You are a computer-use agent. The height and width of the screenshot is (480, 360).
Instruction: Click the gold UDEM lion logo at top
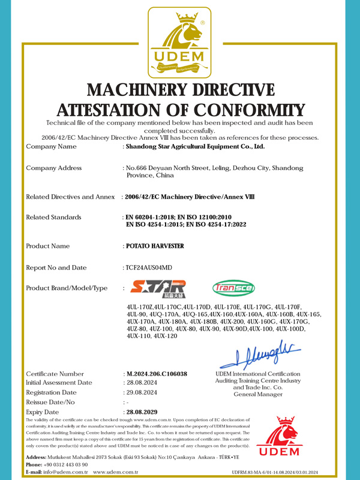tap(180, 42)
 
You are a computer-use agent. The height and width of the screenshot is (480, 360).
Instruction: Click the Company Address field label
tap(54, 168)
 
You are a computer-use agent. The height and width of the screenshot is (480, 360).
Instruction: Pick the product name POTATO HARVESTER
tap(154, 246)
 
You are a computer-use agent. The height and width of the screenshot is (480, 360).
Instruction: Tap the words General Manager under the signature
tap(257, 395)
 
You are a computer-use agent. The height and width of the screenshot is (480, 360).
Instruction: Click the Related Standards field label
tap(54, 217)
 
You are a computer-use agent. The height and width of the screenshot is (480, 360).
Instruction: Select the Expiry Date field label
tap(43, 413)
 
